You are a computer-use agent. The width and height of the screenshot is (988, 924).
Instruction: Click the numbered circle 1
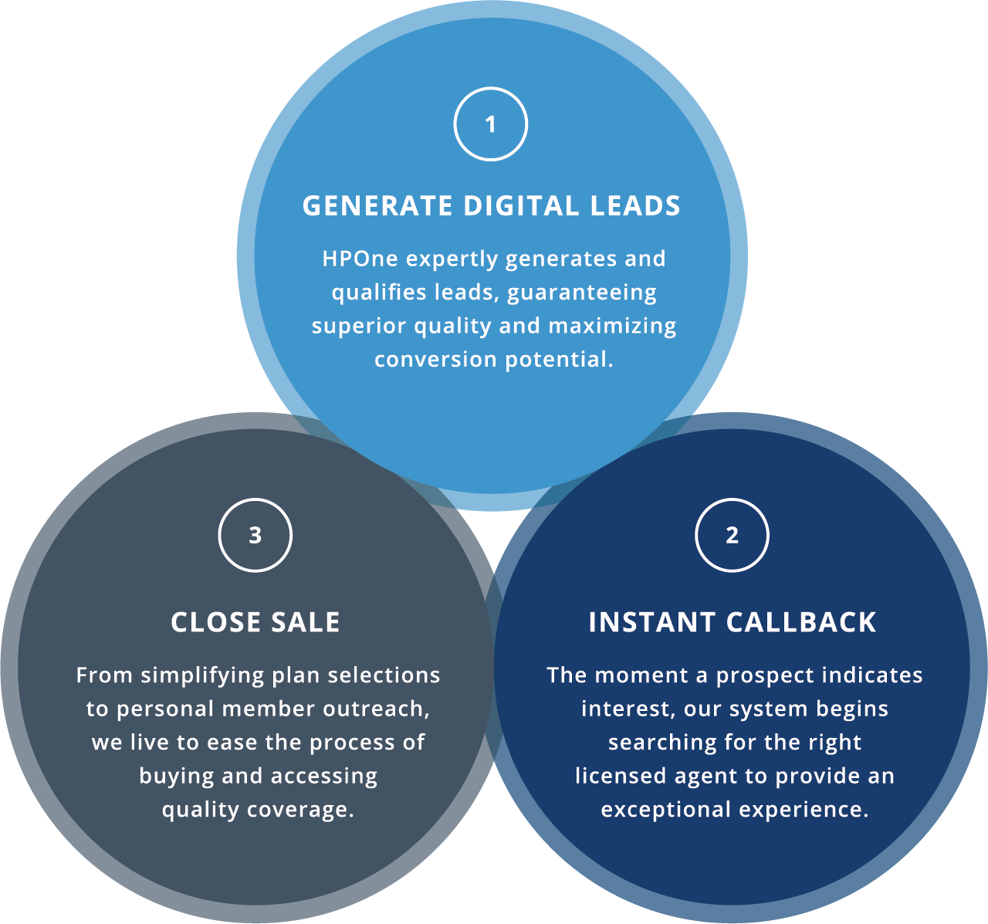[490, 124]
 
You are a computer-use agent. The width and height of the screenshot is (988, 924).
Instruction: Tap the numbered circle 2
[732, 535]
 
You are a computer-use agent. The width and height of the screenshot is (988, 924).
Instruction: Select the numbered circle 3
[255, 535]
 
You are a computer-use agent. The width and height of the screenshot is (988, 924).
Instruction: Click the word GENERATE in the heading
[377, 206]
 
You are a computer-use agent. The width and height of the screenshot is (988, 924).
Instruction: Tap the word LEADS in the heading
[635, 206]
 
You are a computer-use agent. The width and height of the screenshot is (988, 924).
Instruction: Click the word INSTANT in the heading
[651, 623]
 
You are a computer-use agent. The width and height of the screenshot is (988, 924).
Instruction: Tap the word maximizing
[612, 326]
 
